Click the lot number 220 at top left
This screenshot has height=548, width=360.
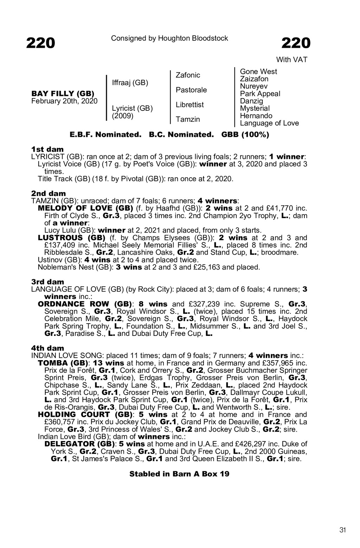pyautogui.click(x=40, y=43)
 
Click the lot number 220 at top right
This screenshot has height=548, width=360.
pyautogui.click(x=296, y=43)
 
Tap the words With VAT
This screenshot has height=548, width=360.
pyautogui.click(x=291, y=60)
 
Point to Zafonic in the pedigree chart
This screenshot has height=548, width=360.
pyautogui.click(x=188, y=75)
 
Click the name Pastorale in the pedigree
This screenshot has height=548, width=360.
pyautogui.click(x=191, y=90)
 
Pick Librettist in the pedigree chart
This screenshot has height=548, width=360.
pyautogui.click(x=190, y=104)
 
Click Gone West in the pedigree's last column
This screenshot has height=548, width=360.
pyautogui.click(x=258, y=71)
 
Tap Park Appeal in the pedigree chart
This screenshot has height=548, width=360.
pyautogui.click(x=260, y=94)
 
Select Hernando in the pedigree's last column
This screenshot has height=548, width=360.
pyautogui.click(x=256, y=116)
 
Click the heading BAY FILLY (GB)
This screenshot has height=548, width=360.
pyautogui.click(x=63, y=94)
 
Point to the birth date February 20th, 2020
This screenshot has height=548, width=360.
pyautogui.click(x=64, y=101)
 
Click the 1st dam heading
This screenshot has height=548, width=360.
pyautogui.click(x=47, y=149)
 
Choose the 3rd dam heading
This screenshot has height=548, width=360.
pyautogui.click(x=48, y=282)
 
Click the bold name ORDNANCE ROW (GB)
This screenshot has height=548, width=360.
pyautogui.click(x=85, y=304)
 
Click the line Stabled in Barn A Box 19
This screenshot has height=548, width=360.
pyautogui.click(x=179, y=474)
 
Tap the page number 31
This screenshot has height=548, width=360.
pyautogui.click(x=343, y=530)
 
